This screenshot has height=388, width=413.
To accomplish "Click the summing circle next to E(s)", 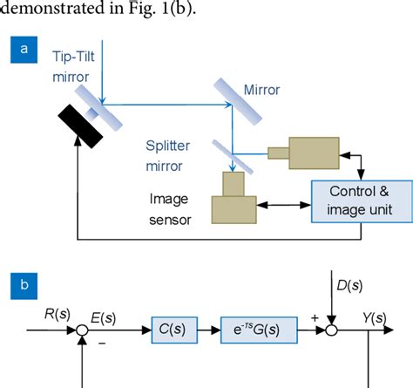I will coord(83,330).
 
